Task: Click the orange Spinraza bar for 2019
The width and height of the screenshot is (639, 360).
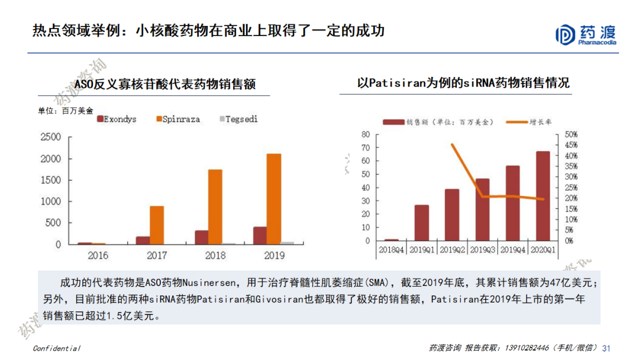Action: [x=273, y=199]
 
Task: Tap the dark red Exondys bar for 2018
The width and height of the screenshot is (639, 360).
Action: [x=201, y=237]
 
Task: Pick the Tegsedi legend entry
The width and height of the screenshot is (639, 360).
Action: [x=238, y=119]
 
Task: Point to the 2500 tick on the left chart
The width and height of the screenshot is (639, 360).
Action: [x=50, y=137]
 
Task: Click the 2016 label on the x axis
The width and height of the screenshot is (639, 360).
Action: [x=98, y=256]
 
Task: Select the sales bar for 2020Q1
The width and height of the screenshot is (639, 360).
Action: [x=543, y=196]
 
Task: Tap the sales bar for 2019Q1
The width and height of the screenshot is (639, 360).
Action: [x=421, y=223]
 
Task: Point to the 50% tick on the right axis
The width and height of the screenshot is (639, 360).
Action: [x=570, y=134]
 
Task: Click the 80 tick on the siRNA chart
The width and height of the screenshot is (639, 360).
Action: [x=365, y=134]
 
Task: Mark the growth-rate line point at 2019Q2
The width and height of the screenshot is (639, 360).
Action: [x=453, y=144]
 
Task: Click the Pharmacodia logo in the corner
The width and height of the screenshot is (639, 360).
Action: [x=586, y=34]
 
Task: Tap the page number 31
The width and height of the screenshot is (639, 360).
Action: [x=605, y=348]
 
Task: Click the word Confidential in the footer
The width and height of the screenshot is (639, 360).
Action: [x=56, y=348]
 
